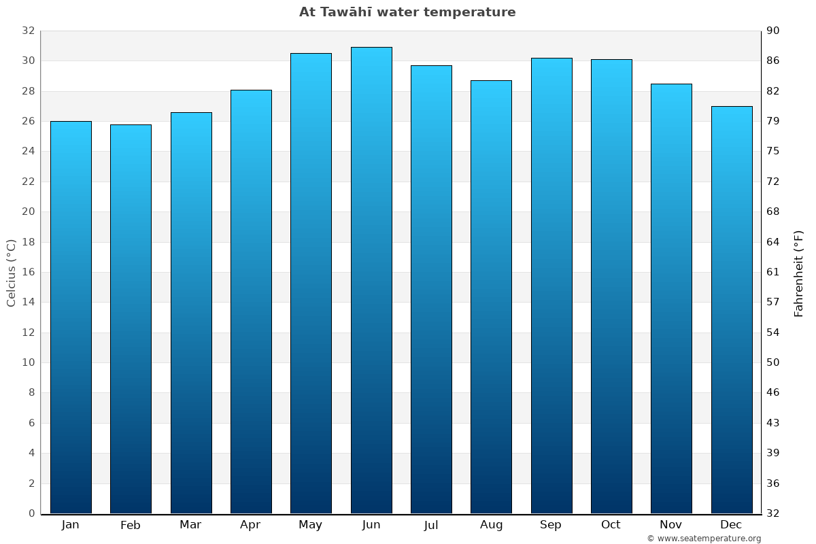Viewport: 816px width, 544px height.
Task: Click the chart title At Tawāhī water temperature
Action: pyautogui.click(x=407, y=12)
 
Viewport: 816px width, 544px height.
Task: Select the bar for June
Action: pyautogui.click(x=371, y=280)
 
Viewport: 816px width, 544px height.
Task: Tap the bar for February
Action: pyautogui.click(x=131, y=319)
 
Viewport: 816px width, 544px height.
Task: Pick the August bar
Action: pyautogui.click(x=491, y=296)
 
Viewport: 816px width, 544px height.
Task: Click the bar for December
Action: pyautogui.click(x=732, y=309)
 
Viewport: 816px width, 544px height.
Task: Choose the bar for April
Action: pyautogui.click(x=251, y=301)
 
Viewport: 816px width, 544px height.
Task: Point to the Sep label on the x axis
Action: pyautogui.click(x=551, y=525)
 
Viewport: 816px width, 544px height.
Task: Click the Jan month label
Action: pyautogui.click(x=70, y=525)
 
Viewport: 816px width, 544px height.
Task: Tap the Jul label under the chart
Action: pyautogui.click(x=431, y=525)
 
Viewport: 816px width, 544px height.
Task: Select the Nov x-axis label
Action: pyautogui.click(x=671, y=525)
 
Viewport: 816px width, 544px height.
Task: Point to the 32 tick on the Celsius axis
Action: pyautogui.click(x=28, y=31)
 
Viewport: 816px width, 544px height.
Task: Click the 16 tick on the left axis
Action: pyautogui.click(x=28, y=272)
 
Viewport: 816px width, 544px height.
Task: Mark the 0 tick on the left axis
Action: pyautogui.click(x=31, y=513)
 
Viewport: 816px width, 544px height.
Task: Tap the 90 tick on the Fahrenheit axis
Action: pyautogui.click(x=774, y=31)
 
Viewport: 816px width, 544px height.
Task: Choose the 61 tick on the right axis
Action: pyautogui.click(x=774, y=272)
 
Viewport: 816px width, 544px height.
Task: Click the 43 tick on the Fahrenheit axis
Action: pyautogui.click(x=774, y=423)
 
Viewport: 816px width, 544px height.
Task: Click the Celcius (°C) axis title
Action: pyautogui.click(x=12, y=272)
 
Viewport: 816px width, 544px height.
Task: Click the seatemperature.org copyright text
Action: pyautogui.click(x=704, y=539)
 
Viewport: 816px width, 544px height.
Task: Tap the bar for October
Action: pyautogui.click(x=611, y=286)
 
